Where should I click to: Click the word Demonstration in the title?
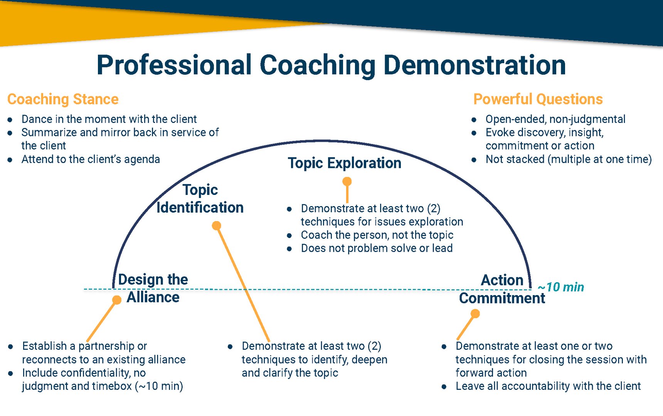(475, 65)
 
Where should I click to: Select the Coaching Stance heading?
(63, 99)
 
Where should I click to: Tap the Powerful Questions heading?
(538, 99)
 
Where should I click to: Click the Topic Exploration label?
(344, 163)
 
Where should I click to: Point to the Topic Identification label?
(200, 199)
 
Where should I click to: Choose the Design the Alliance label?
(153, 288)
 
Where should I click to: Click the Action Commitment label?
(502, 289)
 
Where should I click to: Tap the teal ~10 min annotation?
(561, 287)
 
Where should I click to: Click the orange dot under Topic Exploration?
(347, 181)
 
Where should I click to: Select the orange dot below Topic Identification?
(217, 225)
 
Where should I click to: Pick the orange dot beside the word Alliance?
(116, 300)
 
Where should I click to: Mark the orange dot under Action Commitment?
(475, 314)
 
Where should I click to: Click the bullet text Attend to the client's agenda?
(91, 159)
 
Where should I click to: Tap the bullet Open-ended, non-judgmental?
(555, 119)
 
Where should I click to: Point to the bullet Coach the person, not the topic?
(377, 235)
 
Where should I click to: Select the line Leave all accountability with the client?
(548, 386)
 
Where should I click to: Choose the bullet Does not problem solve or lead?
(377, 248)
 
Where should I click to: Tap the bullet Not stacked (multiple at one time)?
(568, 159)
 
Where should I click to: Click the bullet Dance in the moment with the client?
(109, 119)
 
